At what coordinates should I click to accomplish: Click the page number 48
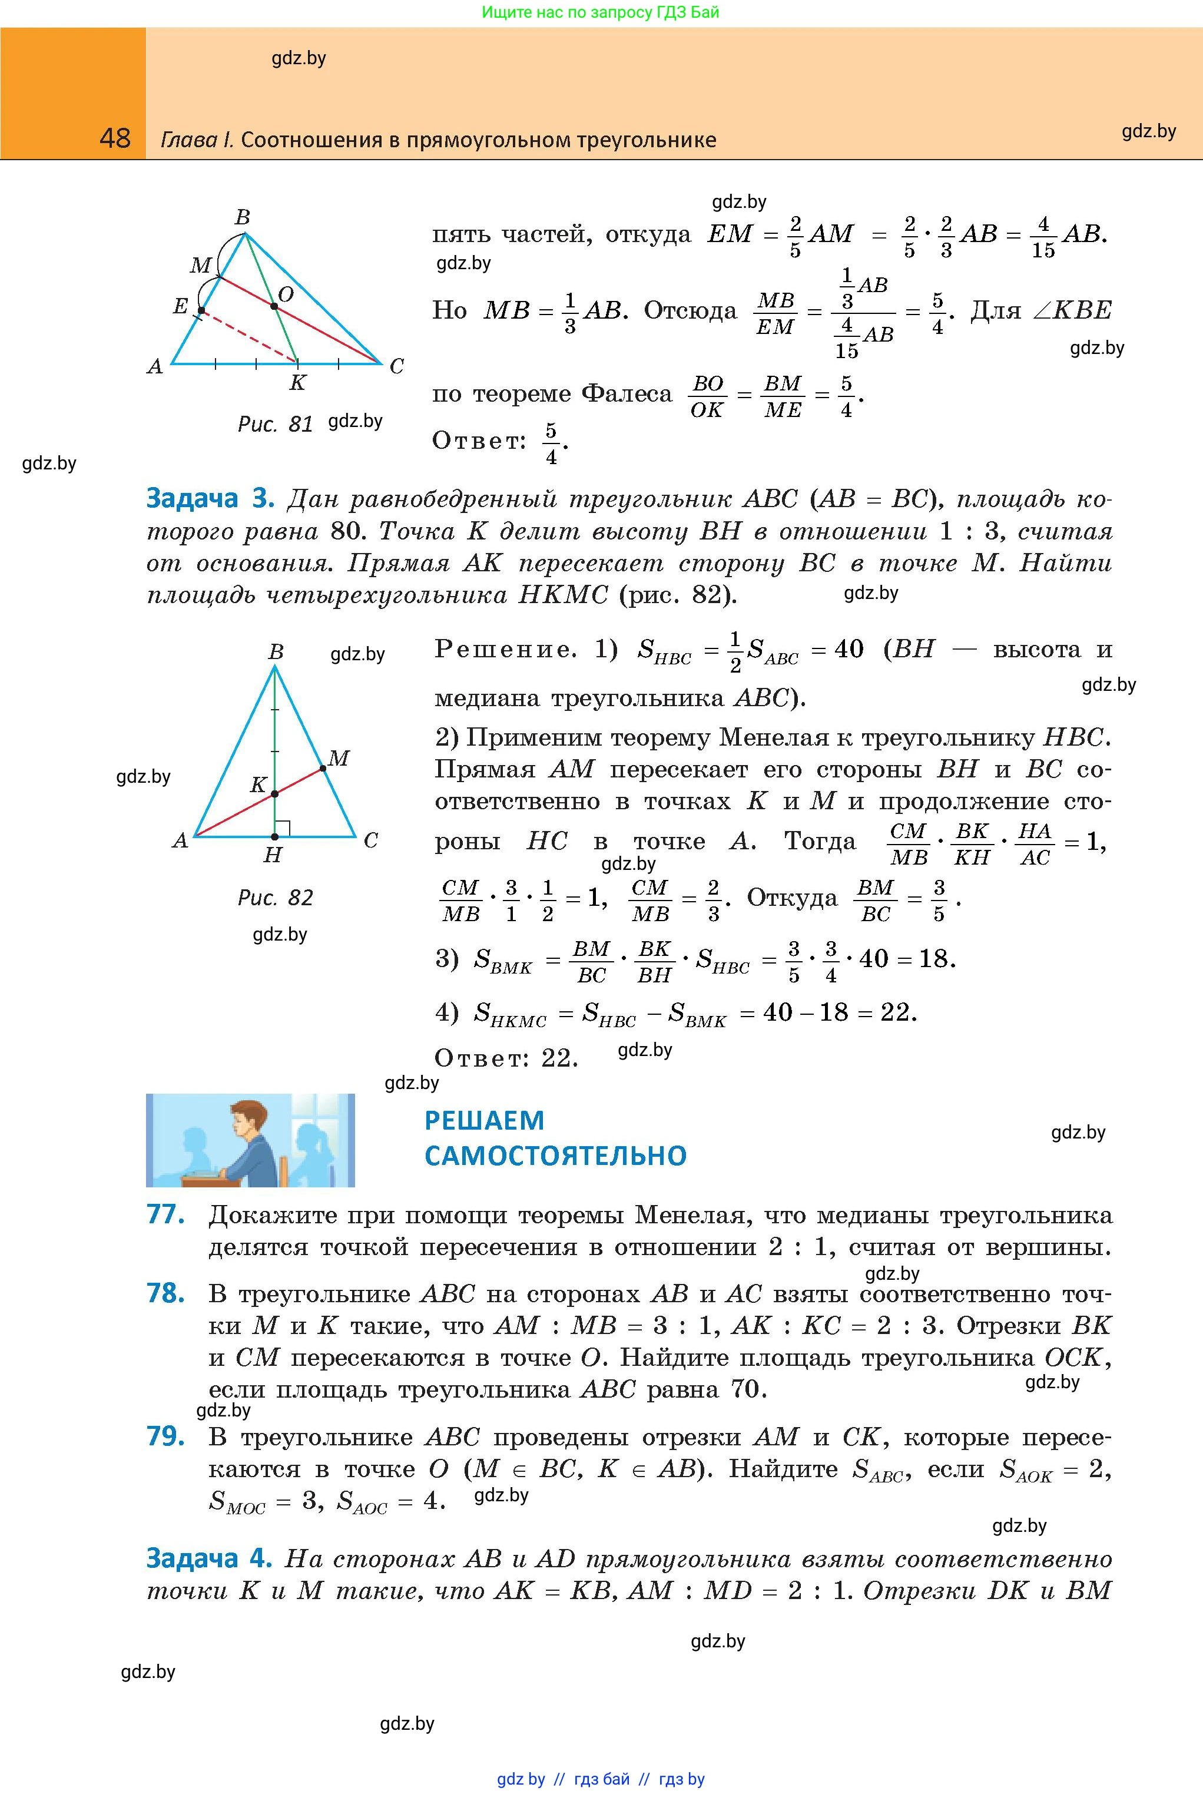point(115,138)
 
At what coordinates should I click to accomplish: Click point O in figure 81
point(274,307)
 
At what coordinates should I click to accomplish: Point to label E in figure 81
point(180,307)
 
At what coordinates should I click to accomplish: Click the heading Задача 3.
point(210,499)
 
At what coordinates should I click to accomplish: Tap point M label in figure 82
point(339,758)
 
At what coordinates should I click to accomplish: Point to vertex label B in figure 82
point(276,651)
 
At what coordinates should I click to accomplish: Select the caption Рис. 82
point(276,898)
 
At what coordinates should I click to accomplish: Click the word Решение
point(505,650)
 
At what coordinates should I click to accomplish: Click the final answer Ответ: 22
point(506,1059)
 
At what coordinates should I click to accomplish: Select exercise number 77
point(165,1214)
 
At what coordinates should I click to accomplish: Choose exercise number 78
point(165,1294)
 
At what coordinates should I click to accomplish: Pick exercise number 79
point(165,1436)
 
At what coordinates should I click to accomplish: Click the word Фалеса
point(626,395)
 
